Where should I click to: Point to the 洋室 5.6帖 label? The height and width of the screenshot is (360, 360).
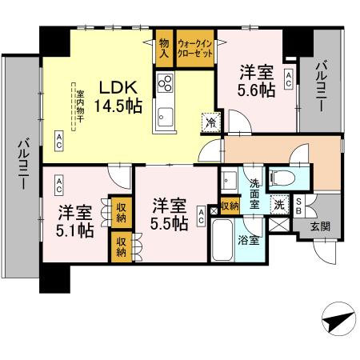pos(256,81)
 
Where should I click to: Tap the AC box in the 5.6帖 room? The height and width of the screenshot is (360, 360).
pos(287,78)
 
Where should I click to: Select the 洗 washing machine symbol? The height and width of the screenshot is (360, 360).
pos(280,203)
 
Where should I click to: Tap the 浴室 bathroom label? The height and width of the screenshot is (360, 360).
pos(249,239)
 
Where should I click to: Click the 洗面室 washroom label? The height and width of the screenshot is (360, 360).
pos(254,193)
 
